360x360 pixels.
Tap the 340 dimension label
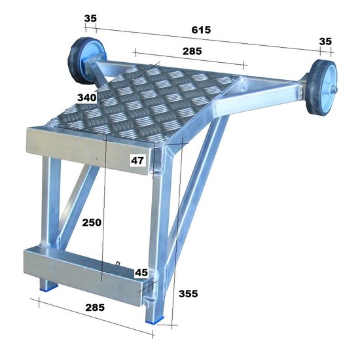[88, 98]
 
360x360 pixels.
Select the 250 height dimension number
[92, 222]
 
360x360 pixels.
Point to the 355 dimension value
[188, 294]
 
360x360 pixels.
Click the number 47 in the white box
[137, 159]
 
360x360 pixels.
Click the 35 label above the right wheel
[325, 41]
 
